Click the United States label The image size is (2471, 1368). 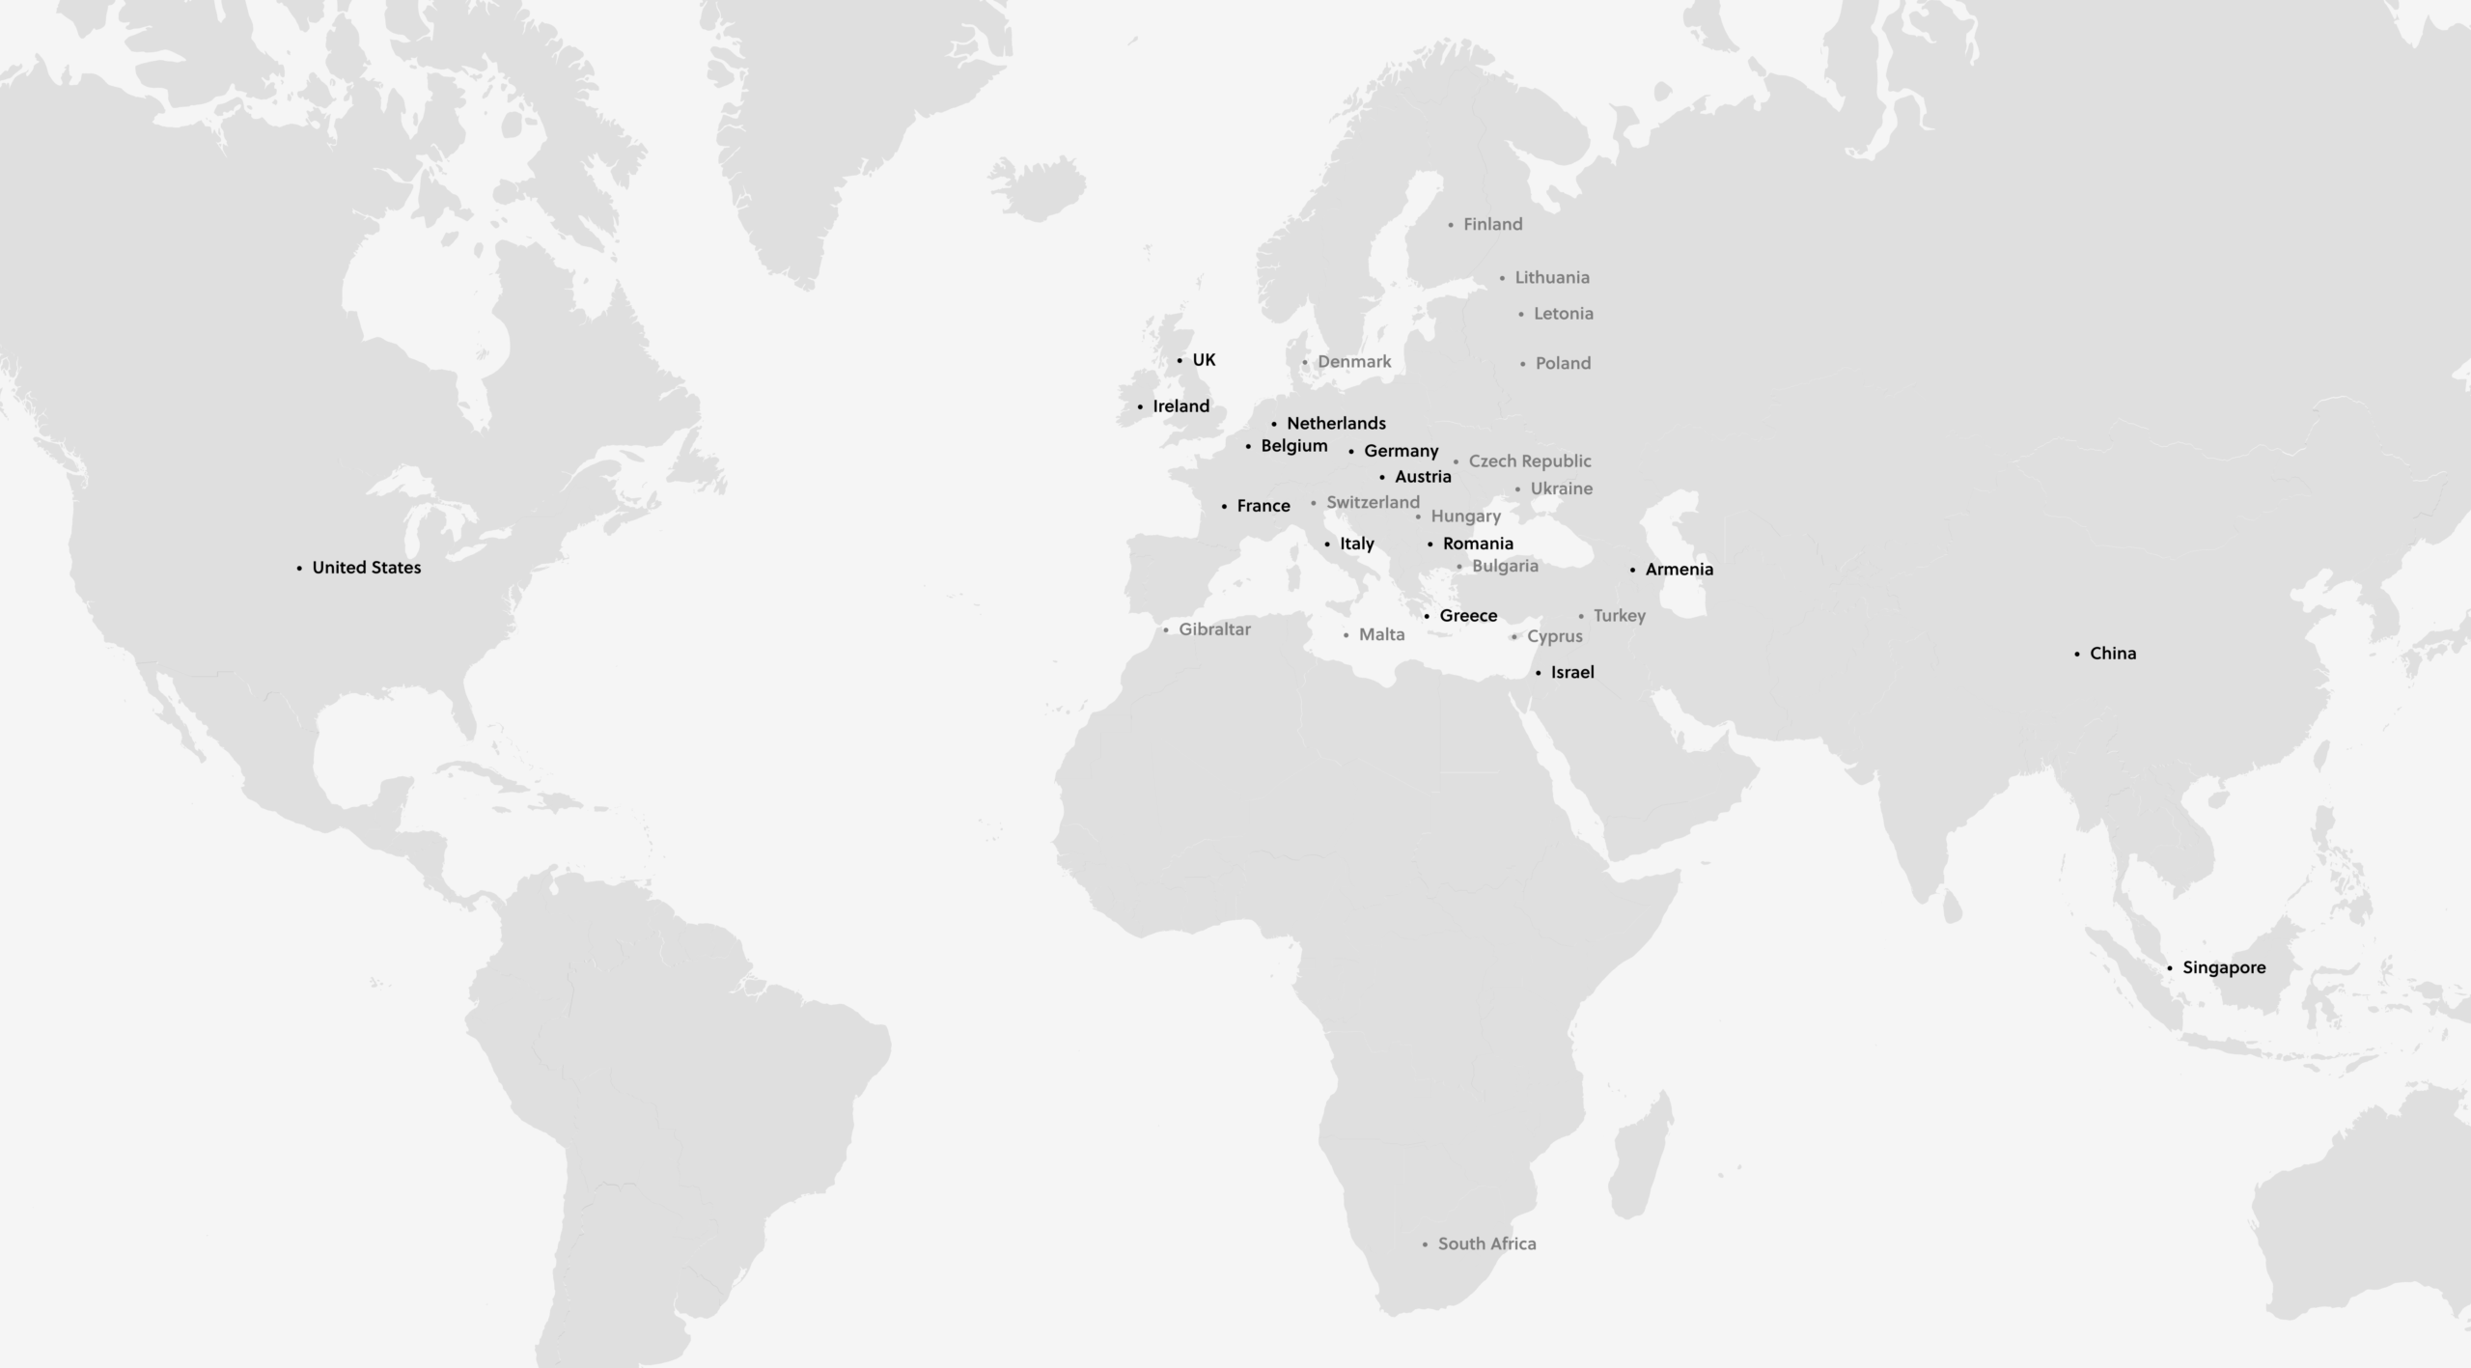(x=366, y=568)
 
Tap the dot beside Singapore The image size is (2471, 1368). (x=2170, y=968)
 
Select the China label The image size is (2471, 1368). (x=2113, y=654)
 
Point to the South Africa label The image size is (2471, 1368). (x=1486, y=1244)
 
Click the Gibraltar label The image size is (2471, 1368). (x=1214, y=629)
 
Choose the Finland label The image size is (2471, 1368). (x=1492, y=225)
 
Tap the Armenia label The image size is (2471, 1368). (x=1679, y=570)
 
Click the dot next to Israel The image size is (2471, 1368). (x=1539, y=673)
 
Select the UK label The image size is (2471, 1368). (x=1204, y=360)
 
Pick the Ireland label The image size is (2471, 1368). (x=1180, y=406)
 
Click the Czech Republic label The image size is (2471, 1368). (x=1530, y=461)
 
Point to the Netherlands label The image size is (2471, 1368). (x=1336, y=424)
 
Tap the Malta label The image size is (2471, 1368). (x=1381, y=635)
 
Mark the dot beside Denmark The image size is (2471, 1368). (x=1305, y=363)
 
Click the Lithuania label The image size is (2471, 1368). (x=1551, y=278)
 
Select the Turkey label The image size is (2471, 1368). (x=1619, y=616)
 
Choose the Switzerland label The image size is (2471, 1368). (x=1373, y=503)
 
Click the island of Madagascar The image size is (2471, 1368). (x=1641, y=1159)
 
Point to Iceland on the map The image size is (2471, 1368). (x=1038, y=186)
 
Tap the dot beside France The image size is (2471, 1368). (x=1224, y=507)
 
